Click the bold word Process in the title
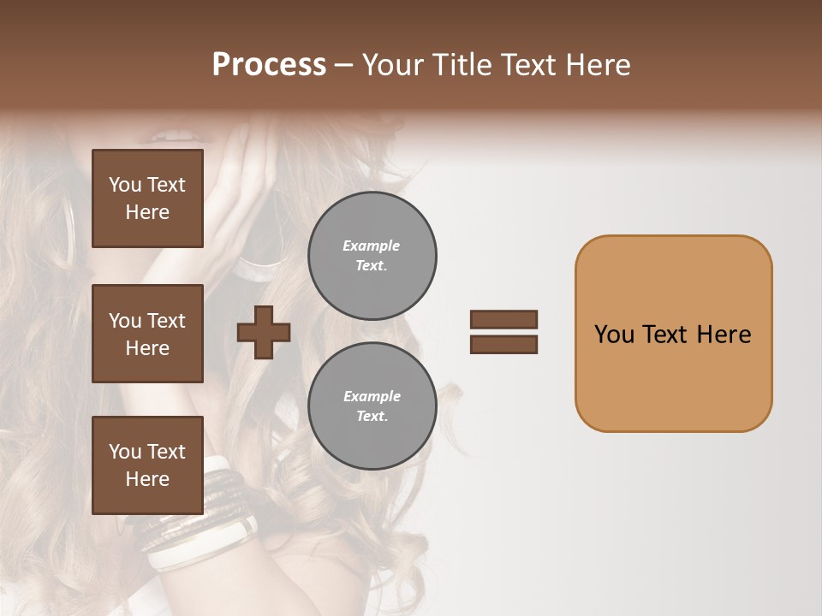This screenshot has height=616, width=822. (x=269, y=65)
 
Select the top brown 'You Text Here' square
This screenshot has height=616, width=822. (x=147, y=198)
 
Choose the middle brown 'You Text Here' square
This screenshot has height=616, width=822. (x=147, y=334)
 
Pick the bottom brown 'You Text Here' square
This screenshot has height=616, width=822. (x=147, y=465)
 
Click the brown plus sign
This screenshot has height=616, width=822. (x=264, y=332)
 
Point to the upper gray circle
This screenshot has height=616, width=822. (x=372, y=255)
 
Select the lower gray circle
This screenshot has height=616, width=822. (x=372, y=406)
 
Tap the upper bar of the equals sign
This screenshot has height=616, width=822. (x=503, y=319)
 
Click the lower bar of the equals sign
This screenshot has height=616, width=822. (x=503, y=344)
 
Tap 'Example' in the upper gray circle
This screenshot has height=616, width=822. (x=372, y=246)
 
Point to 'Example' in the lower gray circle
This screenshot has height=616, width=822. (x=372, y=396)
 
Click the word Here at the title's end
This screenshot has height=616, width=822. (x=598, y=65)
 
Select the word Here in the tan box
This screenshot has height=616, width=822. (x=724, y=335)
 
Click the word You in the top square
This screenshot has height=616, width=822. (x=125, y=185)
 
